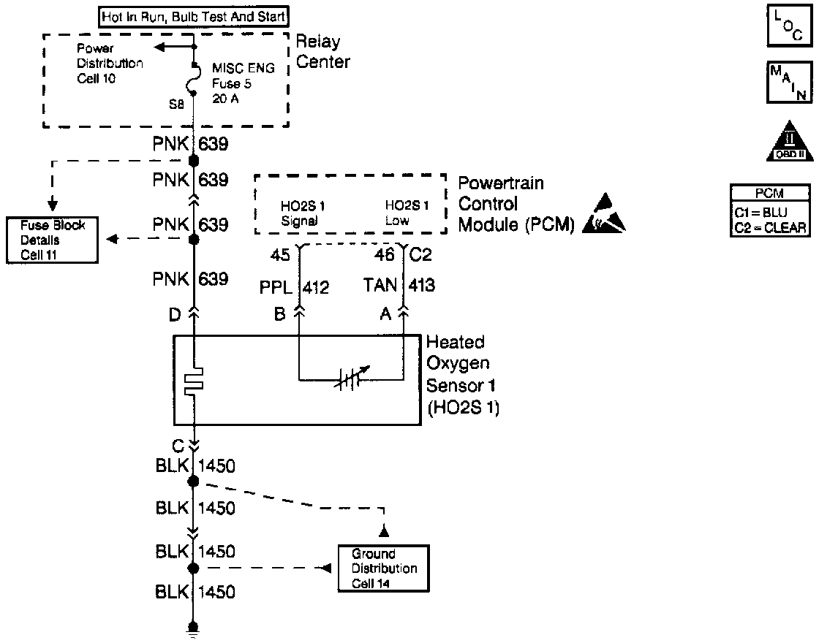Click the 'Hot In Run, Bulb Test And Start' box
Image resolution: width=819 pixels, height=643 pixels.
pyautogui.click(x=193, y=15)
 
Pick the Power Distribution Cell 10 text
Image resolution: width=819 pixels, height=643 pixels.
pyautogui.click(x=110, y=63)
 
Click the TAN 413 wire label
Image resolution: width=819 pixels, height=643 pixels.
pyautogui.click(x=399, y=285)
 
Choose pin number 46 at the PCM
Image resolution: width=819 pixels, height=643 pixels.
pyautogui.click(x=385, y=255)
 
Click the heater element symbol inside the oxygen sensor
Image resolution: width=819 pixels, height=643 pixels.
pyautogui.click(x=195, y=382)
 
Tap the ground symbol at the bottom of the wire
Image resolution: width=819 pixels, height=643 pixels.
pyautogui.click(x=194, y=629)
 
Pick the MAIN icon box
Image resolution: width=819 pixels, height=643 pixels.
pyautogui.click(x=788, y=81)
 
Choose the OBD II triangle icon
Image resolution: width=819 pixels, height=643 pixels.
pyautogui.click(x=787, y=140)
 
